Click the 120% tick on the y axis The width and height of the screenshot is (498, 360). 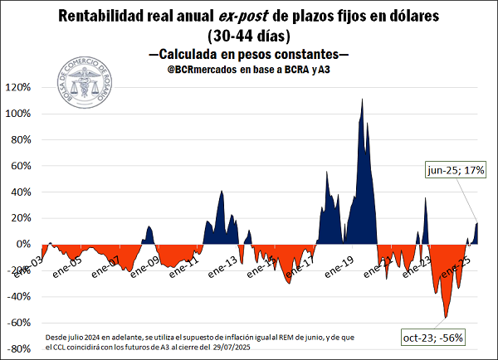click(18, 87)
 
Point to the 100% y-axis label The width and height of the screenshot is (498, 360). click(18, 114)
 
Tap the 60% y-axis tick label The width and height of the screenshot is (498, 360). click(21, 166)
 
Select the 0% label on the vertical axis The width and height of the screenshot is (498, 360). click(23, 244)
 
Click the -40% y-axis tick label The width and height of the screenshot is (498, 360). click(19, 296)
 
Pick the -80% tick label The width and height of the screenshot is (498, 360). click(19, 348)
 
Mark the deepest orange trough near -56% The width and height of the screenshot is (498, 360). click(446, 317)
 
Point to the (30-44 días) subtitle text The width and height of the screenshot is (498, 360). click(248, 36)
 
